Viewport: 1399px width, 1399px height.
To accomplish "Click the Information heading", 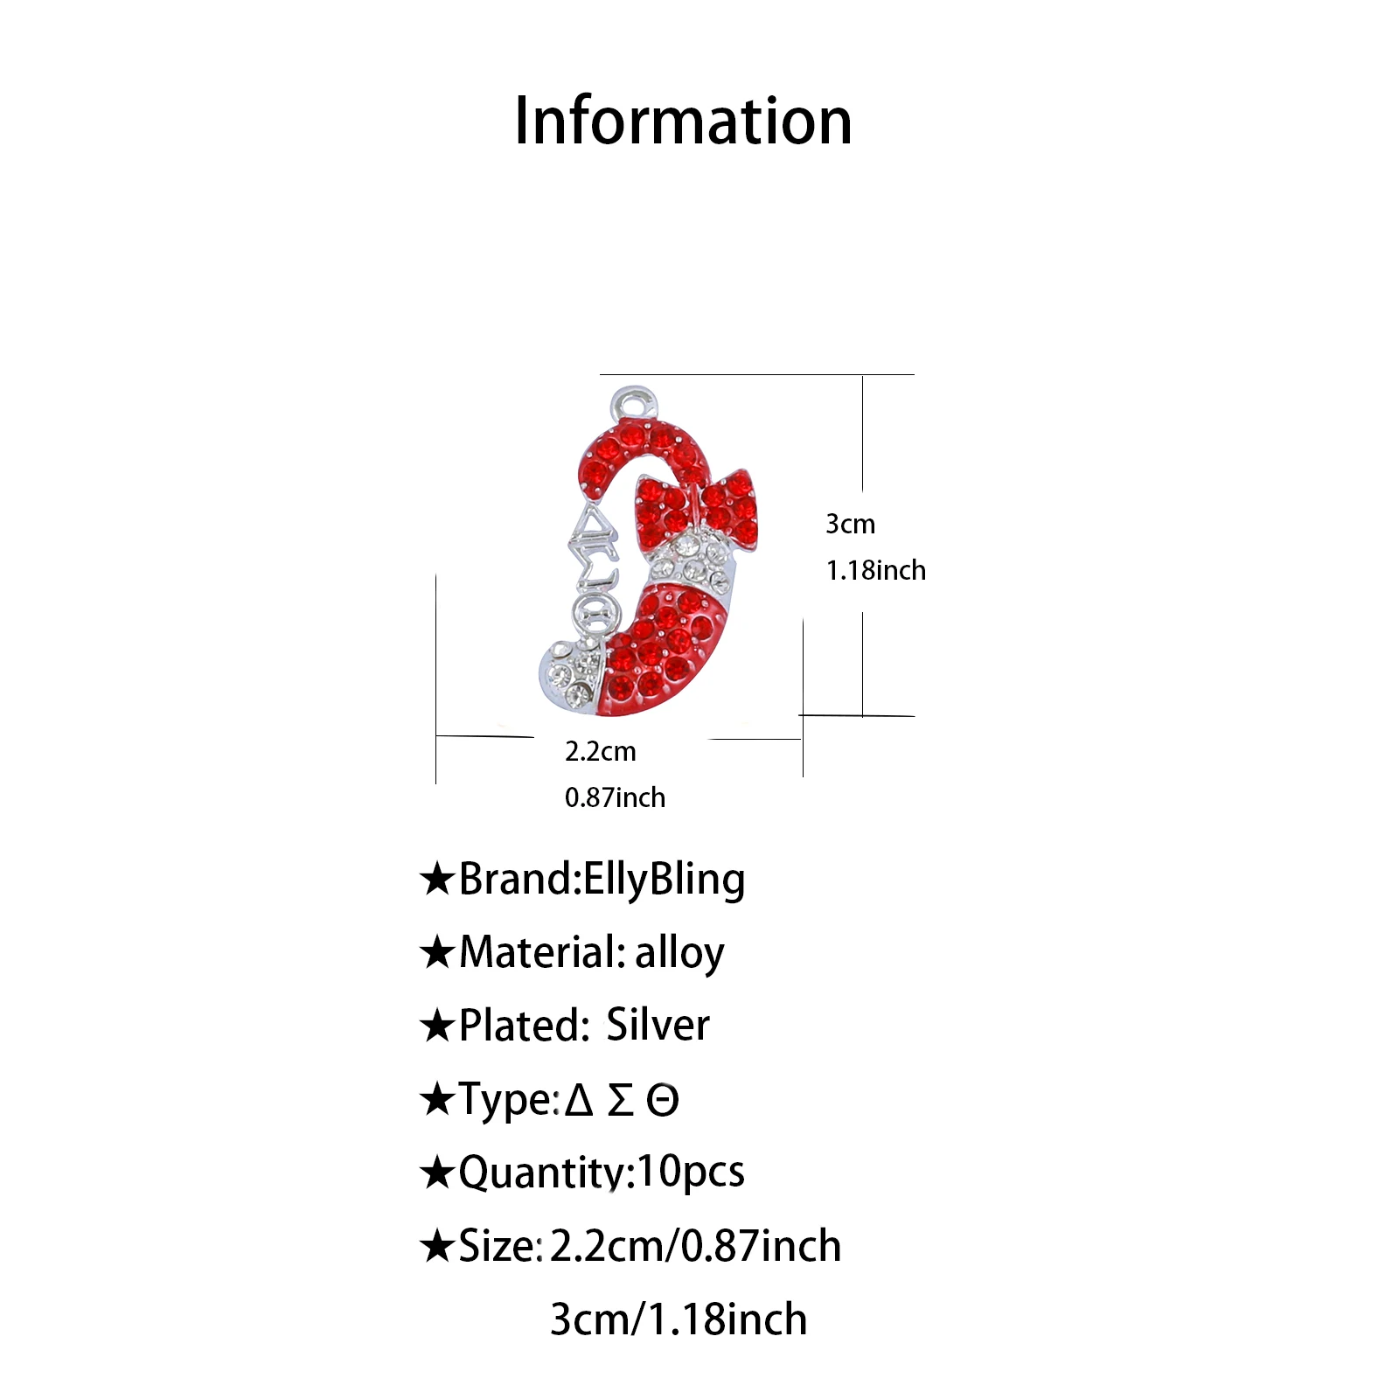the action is pyautogui.click(x=683, y=121).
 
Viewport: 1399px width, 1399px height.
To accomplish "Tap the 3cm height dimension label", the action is pyautogui.click(x=850, y=524).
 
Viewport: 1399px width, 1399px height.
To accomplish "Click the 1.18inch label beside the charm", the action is pyautogui.click(x=875, y=570).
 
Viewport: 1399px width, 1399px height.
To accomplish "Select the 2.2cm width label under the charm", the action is pyautogui.click(x=600, y=751).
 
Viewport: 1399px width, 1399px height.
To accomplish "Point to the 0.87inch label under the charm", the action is pyautogui.click(x=615, y=797).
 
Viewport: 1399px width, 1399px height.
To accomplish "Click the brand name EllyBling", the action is pyautogui.click(x=664, y=880).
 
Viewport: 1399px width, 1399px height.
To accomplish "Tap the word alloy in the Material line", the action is pyautogui.click(x=679, y=952).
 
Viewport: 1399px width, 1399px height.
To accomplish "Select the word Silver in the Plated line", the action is pyautogui.click(x=658, y=1025).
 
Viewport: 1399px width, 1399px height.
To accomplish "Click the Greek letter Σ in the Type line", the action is pyautogui.click(x=620, y=1100).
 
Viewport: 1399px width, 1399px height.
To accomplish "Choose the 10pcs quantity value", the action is pyautogui.click(x=691, y=1173).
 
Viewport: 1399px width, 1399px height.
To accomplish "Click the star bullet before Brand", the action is pyautogui.click(x=436, y=879).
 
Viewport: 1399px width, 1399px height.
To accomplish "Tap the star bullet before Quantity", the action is pyautogui.click(x=436, y=1173).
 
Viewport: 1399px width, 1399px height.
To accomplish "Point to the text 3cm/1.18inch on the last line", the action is pyautogui.click(x=679, y=1319).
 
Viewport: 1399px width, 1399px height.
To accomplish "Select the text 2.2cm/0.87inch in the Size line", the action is pyautogui.click(x=695, y=1246).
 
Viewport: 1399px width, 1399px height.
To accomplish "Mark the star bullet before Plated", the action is pyautogui.click(x=436, y=1026).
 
